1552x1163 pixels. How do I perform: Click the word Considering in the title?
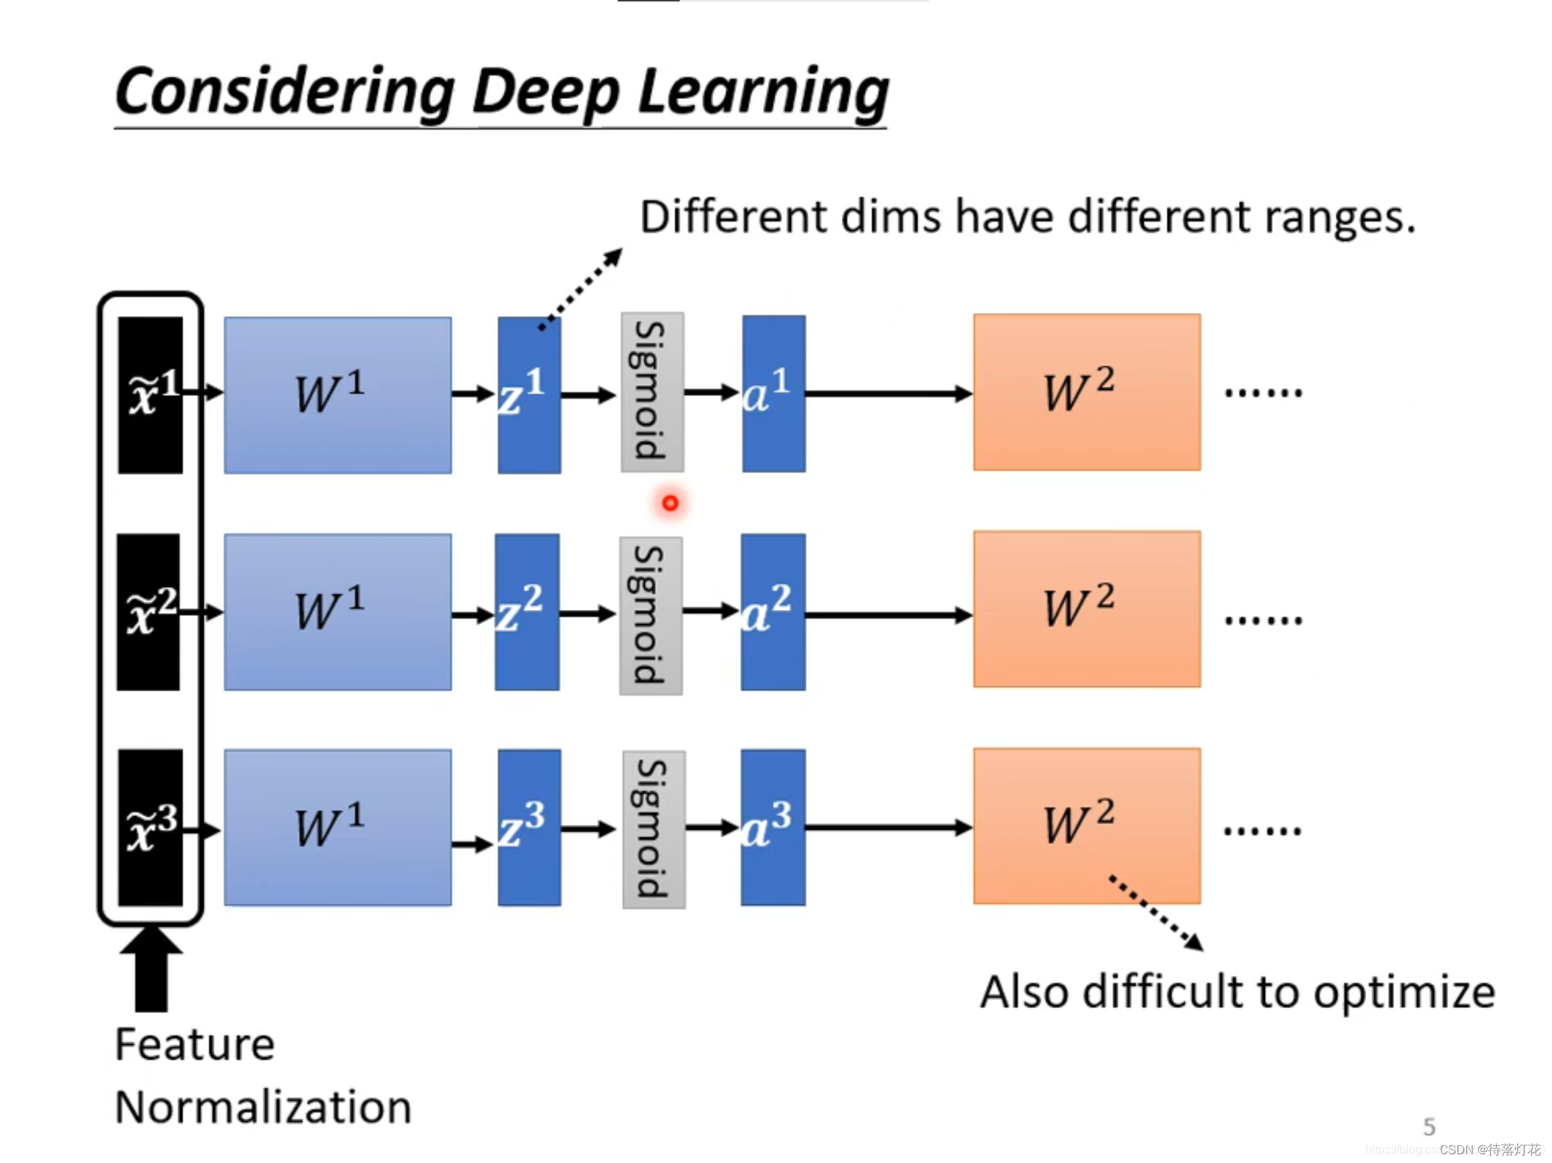[x=285, y=92]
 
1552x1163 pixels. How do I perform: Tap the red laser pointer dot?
[x=669, y=503]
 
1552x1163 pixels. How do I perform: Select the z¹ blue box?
[x=528, y=395]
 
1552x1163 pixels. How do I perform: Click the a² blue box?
[x=772, y=612]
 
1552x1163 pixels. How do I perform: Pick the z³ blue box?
[x=528, y=827]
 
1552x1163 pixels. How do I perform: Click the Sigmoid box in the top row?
[x=652, y=392]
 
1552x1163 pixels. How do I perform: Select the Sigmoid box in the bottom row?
[x=653, y=829]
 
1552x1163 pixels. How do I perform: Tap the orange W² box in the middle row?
[x=1086, y=609]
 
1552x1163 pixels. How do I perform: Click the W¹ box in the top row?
[x=337, y=395]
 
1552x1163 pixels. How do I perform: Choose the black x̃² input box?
[x=148, y=612]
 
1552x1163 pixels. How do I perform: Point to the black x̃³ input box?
[x=150, y=828]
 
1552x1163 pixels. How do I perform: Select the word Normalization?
[x=263, y=1107]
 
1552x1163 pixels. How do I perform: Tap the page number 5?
[x=1428, y=1126]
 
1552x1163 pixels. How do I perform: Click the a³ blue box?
[x=772, y=827]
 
